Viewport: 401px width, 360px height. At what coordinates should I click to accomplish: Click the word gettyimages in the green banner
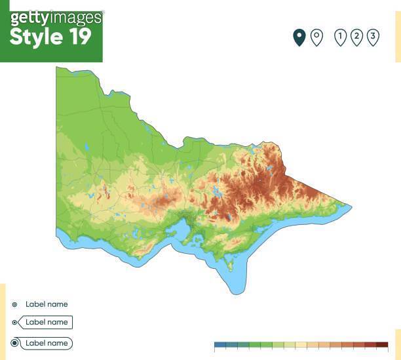56,18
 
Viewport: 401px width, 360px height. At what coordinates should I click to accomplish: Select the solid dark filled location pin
299,38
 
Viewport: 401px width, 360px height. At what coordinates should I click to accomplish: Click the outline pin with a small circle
316,37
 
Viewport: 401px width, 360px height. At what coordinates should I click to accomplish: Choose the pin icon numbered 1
340,37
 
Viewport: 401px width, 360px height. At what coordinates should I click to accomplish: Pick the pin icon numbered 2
356,37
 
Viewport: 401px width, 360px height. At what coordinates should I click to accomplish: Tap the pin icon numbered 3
373,37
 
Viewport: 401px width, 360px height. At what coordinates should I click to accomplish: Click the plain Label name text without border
47,304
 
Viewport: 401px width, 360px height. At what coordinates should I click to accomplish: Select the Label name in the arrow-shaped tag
47,323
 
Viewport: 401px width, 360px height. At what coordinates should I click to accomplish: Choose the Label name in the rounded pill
47,343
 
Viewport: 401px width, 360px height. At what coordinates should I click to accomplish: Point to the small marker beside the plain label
14,304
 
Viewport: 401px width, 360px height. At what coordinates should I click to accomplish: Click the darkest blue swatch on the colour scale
220,344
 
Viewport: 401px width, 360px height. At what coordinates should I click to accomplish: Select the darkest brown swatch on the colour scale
382,344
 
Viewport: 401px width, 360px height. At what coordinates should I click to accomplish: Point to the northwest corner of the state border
58,68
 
